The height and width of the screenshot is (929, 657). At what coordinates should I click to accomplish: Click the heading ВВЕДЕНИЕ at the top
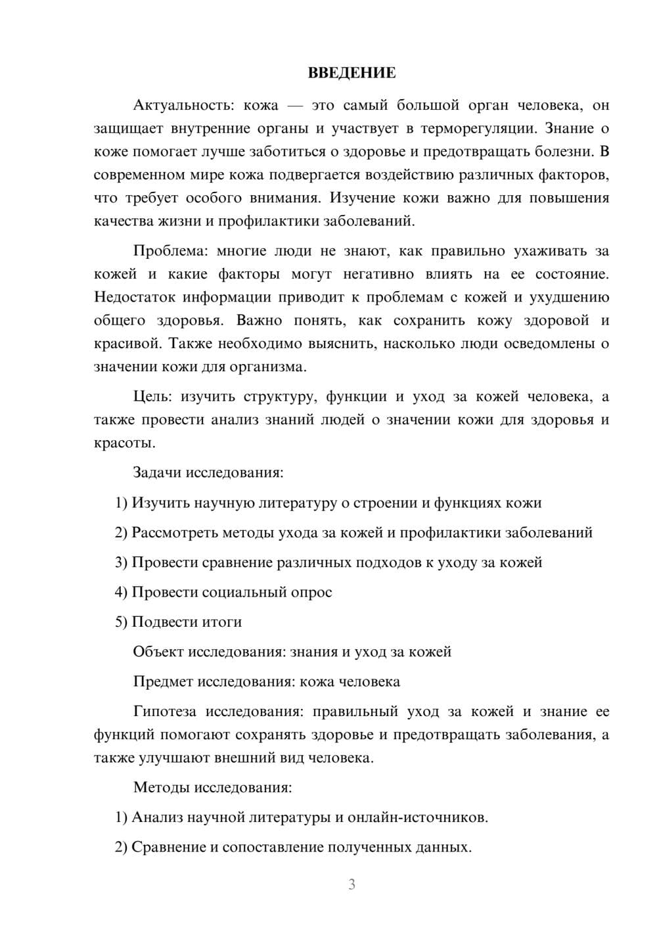coord(351,73)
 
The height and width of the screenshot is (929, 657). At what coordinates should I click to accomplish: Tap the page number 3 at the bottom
coord(351,884)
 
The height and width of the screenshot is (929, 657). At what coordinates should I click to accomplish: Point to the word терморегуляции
coord(477,128)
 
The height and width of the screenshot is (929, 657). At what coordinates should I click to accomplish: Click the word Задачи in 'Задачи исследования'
coord(158,472)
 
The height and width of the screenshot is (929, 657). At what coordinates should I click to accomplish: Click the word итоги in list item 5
coord(221,622)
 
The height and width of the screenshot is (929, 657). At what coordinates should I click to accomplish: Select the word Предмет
coord(162,681)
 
